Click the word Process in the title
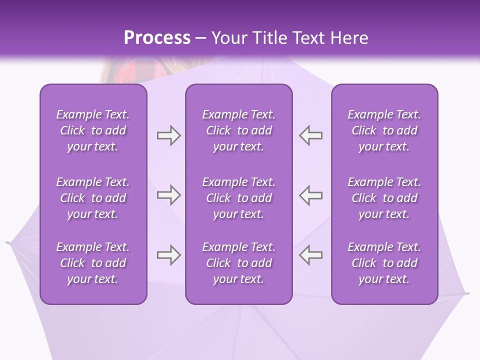click(x=157, y=38)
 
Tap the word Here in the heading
click(x=348, y=38)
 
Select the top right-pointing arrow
click(x=168, y=135)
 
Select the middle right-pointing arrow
click(x=168, y=195)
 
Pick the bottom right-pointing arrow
click(x=168, y=255)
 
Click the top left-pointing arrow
click(x=311, y=135)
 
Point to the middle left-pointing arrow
click(x=311, y=195)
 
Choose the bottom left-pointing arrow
click(x=311, y=255)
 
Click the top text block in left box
click(x=93, y=130)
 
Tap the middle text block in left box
click(x=93, y=198)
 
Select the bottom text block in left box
click(x=93, y=263)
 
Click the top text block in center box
click(x=239, y=130)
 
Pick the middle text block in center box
click(x=239, y=198)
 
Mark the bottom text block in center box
click(x=239, y=263)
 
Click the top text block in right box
click(x=384, y=130)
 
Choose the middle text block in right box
click(x=384, y=198)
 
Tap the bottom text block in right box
click(x=384, y=263)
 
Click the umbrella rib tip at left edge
click(x=8, y=243)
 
